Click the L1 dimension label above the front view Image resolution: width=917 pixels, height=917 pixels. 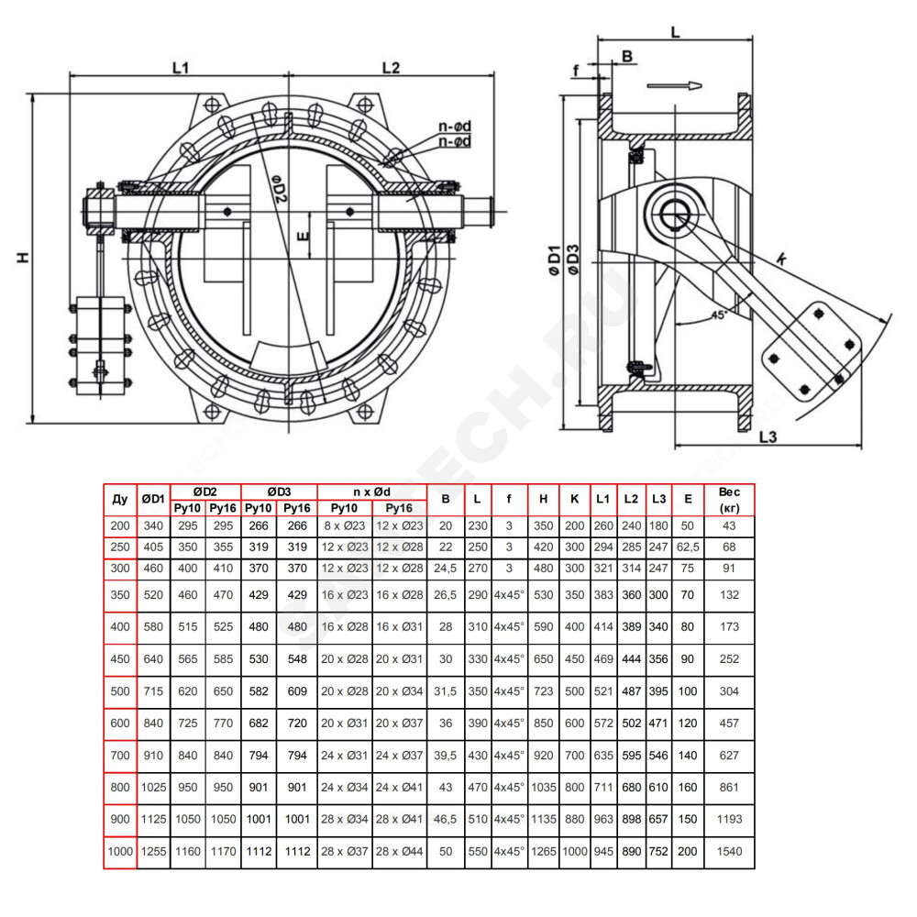coord(181,68)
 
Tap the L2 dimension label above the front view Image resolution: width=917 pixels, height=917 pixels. coord(391,68)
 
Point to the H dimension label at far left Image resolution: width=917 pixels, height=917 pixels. coord(23,258)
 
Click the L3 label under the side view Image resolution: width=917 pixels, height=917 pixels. coord(768,436)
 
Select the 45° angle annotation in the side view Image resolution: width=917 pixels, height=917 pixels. coord(719,315)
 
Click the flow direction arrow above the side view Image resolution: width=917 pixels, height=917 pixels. coord(674,86)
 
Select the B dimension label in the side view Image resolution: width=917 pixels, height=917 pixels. coord(627,56)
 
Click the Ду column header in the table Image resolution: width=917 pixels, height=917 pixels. coord(120,499)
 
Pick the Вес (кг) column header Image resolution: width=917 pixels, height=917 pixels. coord(729,500)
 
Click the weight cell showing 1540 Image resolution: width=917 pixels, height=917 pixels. coord(729,852)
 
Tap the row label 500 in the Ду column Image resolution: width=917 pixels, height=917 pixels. coord(120,691)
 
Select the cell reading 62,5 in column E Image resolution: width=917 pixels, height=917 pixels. coord(688,547)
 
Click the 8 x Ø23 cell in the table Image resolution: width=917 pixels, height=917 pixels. coord(345,525)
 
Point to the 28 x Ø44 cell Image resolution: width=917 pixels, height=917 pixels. coord(400,852)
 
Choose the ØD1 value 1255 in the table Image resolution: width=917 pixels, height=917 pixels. coord(153,852)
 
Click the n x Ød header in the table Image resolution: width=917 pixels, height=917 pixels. coord(372,492)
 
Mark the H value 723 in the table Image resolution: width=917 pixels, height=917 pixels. coord(543,691)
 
